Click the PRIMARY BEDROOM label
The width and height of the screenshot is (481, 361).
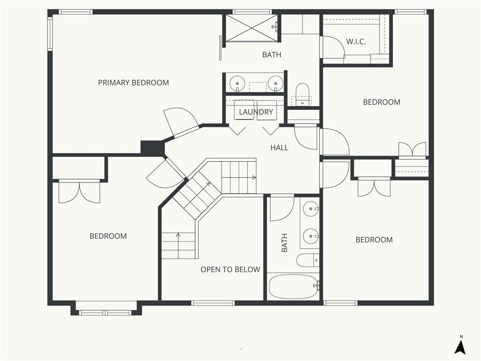(x=133, y=83)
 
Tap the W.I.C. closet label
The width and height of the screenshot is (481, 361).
(x=356, y=42)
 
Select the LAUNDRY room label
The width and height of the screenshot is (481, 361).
(x=256, y=112)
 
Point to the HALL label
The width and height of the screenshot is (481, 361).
(x=279, y=148)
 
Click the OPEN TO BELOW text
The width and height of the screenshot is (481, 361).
(x=230, y=269)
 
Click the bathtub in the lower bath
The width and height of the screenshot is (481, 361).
(x=293, y=287)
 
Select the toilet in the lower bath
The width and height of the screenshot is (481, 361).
(x=308, y=260)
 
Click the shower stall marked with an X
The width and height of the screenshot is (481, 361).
(x=252, y=28)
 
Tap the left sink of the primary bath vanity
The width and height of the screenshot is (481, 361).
(x=237, y=83)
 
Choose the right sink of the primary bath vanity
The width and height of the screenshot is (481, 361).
(x=275, y=83)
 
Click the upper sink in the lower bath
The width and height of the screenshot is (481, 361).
(x=311, y=209)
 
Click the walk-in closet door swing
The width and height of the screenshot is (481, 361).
(x=333, y=47)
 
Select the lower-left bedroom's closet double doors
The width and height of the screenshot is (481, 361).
(x=79, y=192)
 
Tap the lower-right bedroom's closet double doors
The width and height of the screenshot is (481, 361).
(x=374, y=187)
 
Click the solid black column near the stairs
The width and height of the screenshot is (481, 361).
(x=153, y=148)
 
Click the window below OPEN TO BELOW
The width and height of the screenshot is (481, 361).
(x=213, y=303)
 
